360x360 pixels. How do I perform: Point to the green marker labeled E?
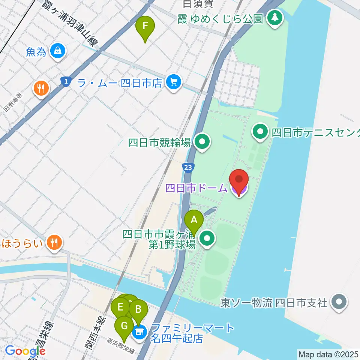(120, 308)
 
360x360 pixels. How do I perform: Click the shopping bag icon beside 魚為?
(58, 51)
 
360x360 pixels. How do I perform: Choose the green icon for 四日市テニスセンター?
(260, 132)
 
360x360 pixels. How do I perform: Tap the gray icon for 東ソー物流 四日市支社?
(339, 302)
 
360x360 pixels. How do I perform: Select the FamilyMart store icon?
(139, 332)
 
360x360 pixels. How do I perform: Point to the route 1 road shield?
(66, 81)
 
